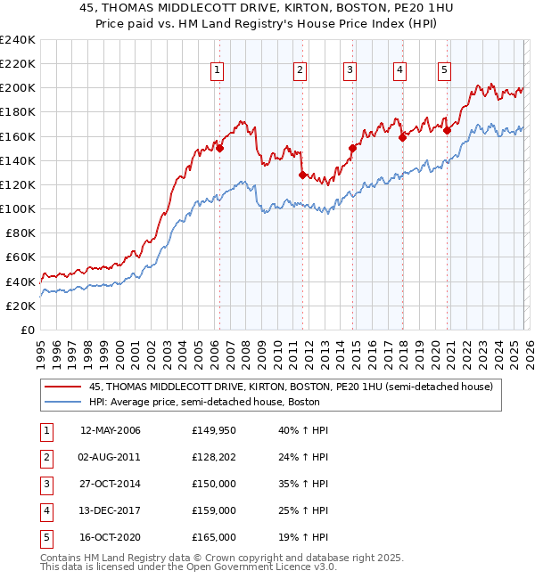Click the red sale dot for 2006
(x=219, y=149)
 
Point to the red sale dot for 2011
(x=302, y=175)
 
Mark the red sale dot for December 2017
(x=402, y=137)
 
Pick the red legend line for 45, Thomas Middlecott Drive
(x=62, y=387)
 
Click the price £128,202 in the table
(x=214, y=456)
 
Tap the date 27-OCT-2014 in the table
(x=111, y=483)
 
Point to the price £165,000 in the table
(x=214, y=537)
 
